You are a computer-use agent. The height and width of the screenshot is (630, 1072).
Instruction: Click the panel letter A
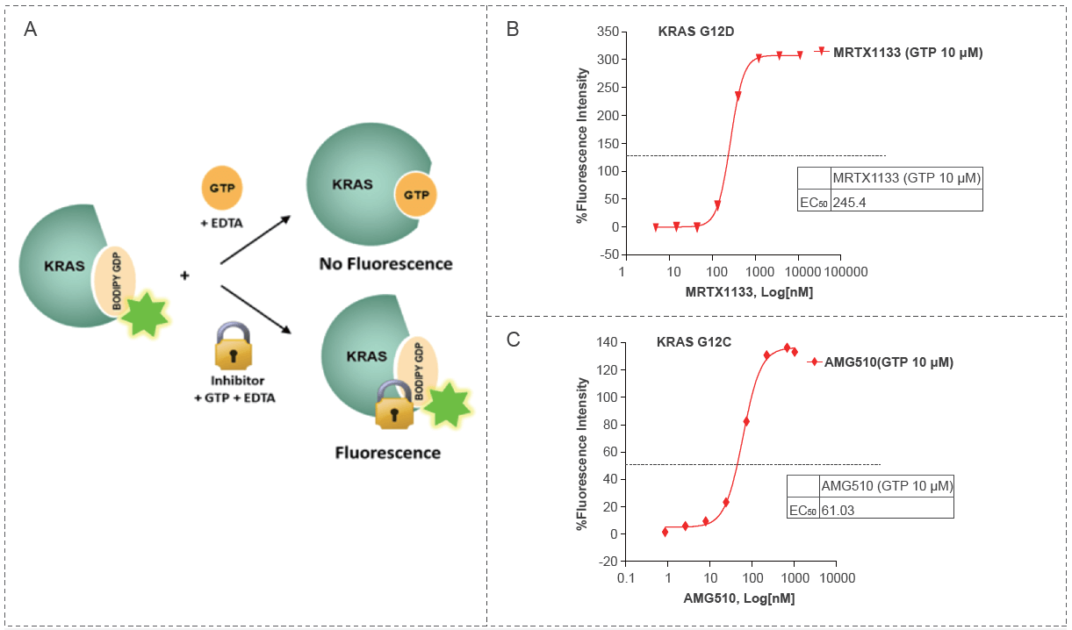(31, 30)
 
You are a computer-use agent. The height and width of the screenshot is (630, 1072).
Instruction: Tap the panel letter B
(513, 29)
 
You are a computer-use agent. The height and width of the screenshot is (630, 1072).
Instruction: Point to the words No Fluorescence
(385, 263)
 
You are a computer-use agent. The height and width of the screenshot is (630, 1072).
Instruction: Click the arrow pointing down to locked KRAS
(255, 308)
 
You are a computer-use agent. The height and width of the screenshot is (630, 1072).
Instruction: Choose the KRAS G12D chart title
(695, 32)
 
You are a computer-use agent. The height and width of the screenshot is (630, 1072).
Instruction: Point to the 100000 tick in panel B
(846, 272)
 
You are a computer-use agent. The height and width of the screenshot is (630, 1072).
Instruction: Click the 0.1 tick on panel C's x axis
(625, 579)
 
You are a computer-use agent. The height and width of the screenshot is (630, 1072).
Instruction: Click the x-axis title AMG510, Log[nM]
(738, 598)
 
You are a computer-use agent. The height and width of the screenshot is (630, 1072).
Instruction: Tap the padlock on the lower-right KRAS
(393, 404)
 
